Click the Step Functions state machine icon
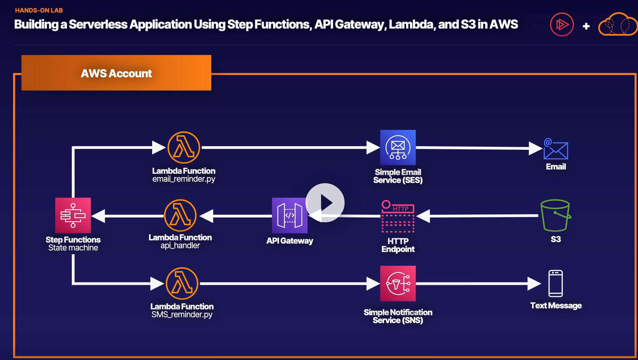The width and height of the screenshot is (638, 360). coord(73,215)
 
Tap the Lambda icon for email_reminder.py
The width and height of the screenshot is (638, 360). coord(184,147)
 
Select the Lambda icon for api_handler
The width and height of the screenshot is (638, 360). coord(180,215)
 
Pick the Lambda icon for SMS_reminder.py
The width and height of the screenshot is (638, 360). coord(182,284)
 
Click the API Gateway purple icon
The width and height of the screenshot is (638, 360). coord(289,215)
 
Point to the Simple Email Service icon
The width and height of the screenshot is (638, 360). coord(398,147)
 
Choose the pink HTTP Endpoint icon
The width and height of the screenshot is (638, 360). coord(398,216)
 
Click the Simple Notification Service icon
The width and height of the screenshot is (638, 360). coord(398,283)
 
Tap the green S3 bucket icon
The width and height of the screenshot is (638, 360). coord(556,215)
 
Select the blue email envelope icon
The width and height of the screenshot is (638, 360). coord(556,149)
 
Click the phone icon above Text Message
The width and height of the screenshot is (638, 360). coord(556,283)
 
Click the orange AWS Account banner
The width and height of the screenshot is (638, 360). coord(116,73)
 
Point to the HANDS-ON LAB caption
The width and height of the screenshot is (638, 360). coord(39,10)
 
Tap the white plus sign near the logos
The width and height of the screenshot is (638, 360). coord(586,26)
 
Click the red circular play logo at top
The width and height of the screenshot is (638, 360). coord(562,24)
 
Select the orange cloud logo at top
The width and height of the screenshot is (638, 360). coord(617,24)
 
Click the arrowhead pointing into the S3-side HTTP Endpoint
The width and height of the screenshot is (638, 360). coord(423,216)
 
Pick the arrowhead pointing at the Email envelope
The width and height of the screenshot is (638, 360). coord(535,148)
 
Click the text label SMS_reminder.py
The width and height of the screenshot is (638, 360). coord(182,314)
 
